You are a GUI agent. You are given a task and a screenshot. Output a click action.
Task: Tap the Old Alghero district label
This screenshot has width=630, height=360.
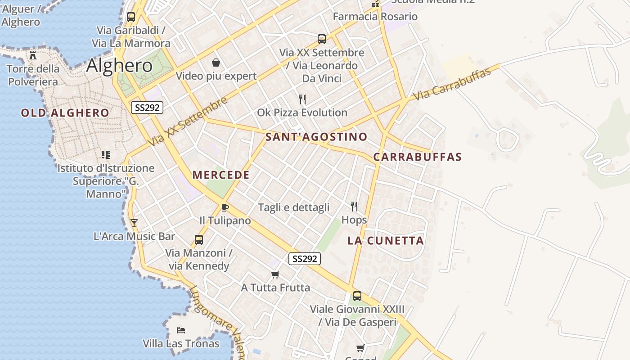click(x=65, y=113)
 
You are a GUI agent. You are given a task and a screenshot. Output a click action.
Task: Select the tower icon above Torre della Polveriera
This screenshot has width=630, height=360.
click(x=33, y=55)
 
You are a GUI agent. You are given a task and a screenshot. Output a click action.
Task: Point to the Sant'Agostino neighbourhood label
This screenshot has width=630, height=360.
click(x=316, y=137)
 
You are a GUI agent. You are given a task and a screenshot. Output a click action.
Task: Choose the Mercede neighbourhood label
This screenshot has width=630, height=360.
click(x=221, y=175)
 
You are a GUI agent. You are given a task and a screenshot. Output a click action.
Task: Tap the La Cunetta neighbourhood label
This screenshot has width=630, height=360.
click(x=386, y=241)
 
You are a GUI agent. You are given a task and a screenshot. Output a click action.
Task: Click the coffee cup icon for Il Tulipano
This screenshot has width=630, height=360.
click(x=225, y=207)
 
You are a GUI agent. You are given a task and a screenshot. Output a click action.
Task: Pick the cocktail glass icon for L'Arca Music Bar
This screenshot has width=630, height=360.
click(x=134, y=223)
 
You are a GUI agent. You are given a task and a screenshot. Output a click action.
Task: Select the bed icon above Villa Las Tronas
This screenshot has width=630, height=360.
click(x=181, y=330)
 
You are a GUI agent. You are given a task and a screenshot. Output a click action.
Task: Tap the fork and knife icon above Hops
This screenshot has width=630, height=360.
click(x=354, y=207)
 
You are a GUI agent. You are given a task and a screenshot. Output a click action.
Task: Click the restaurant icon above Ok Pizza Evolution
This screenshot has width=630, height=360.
click(x=302, y=99)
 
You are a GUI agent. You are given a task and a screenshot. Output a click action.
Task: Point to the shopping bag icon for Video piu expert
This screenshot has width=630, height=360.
click(x=216, y=62)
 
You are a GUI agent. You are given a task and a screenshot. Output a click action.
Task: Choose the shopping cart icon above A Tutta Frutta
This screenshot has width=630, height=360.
click(x=275, y=274)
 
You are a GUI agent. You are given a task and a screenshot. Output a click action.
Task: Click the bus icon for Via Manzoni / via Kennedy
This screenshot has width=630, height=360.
click(x=199, y=239)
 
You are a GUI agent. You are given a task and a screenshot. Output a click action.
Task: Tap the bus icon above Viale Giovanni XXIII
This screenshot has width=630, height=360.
click(x=357, y=296)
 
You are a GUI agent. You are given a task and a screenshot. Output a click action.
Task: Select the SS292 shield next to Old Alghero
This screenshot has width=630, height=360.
click(x=147, y=108)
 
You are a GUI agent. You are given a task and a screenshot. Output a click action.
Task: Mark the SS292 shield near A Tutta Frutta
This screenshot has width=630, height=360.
click(x=304, y=259)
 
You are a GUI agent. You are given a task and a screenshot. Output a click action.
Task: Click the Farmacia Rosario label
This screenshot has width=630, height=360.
click(x=375, y=17)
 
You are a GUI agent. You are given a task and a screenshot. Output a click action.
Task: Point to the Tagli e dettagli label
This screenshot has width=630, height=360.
click(x=293, y=207)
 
